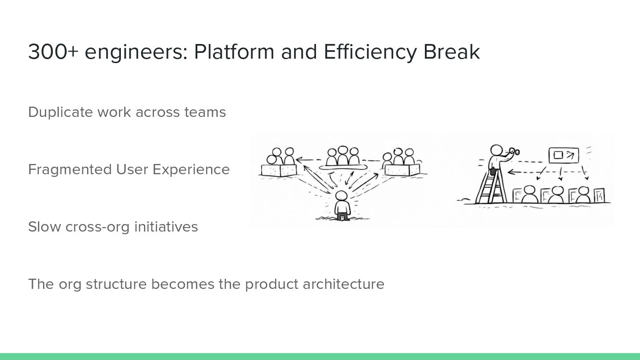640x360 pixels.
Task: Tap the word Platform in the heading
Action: (x=234, y=52)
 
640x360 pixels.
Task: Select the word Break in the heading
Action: (x=452, y=52)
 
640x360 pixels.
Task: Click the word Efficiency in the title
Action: (x=370, y=52)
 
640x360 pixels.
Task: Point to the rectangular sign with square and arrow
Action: (x=563, y=155)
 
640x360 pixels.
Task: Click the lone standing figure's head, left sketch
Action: (x=341, y=196)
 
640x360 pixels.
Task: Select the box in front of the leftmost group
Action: (x=279, y=170)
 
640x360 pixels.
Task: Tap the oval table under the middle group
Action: (x=342, y=166)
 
